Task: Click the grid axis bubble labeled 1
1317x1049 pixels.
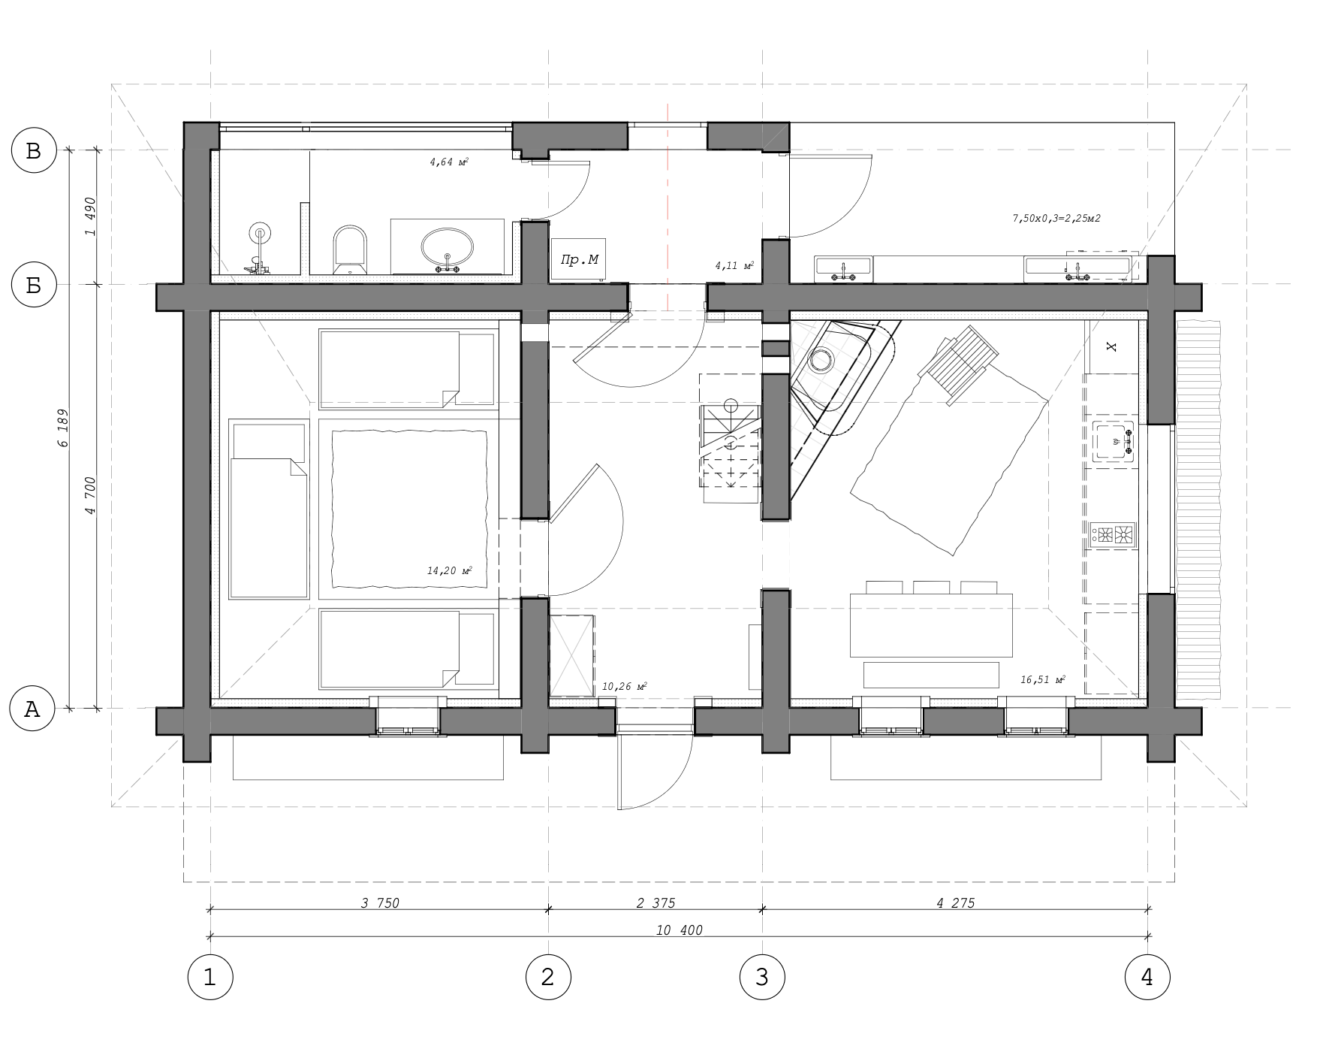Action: tap(210, 978)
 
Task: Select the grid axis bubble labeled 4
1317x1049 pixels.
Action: tap(1147, 978)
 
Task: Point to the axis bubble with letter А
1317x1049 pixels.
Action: tap(34, 709)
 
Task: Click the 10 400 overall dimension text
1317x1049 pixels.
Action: tap(679, 930)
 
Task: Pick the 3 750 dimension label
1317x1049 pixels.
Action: tap(380, 903)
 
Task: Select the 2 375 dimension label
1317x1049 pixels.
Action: tap(655, 903)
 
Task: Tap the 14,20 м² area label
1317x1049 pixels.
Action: tap(449, 571)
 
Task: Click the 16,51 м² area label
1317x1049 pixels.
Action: tap(1043, 680)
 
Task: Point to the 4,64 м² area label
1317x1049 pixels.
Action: tap(449, 162)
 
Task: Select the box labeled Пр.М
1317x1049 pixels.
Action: tap(580, 260)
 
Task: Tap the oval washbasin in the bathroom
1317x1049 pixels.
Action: tap(448, 248)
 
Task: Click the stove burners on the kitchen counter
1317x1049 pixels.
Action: tap(1114, 534)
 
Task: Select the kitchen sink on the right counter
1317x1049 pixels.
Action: tap(1114, 441)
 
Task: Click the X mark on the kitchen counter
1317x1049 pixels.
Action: tap(1112, 346)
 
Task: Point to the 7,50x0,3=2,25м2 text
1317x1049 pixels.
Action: tap(1056, 219)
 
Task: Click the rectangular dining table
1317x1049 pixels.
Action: tap(931, 625)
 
